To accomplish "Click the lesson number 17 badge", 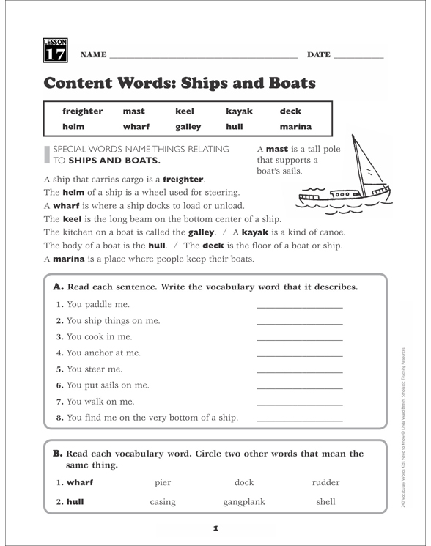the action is pyautogui.click(x=55, y=50).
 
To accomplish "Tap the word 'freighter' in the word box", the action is pyautogui.click(x=83, y=111).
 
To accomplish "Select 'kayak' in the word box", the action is pyautogui.click(x=240, y=111).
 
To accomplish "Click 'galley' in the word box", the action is pyautogui.click(x=188, y=126).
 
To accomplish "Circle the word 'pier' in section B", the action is pyautogui.click(x=163, y=482).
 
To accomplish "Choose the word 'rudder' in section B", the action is pyautogui.click(x=325, y=482).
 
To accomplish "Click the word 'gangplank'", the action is pyautogui.click(x=244, y=502).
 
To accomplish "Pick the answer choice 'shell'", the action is pyautogui.click(x=325, y=502).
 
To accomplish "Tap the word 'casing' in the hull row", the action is pyautogui.click(x=163, y=502).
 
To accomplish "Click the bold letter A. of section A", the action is pyautogui.click(x=58, y=287).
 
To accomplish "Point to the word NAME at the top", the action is pyautogui.click(x=93, y=55).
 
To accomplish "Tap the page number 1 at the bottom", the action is pyautogui.click(x=215, y=528).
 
